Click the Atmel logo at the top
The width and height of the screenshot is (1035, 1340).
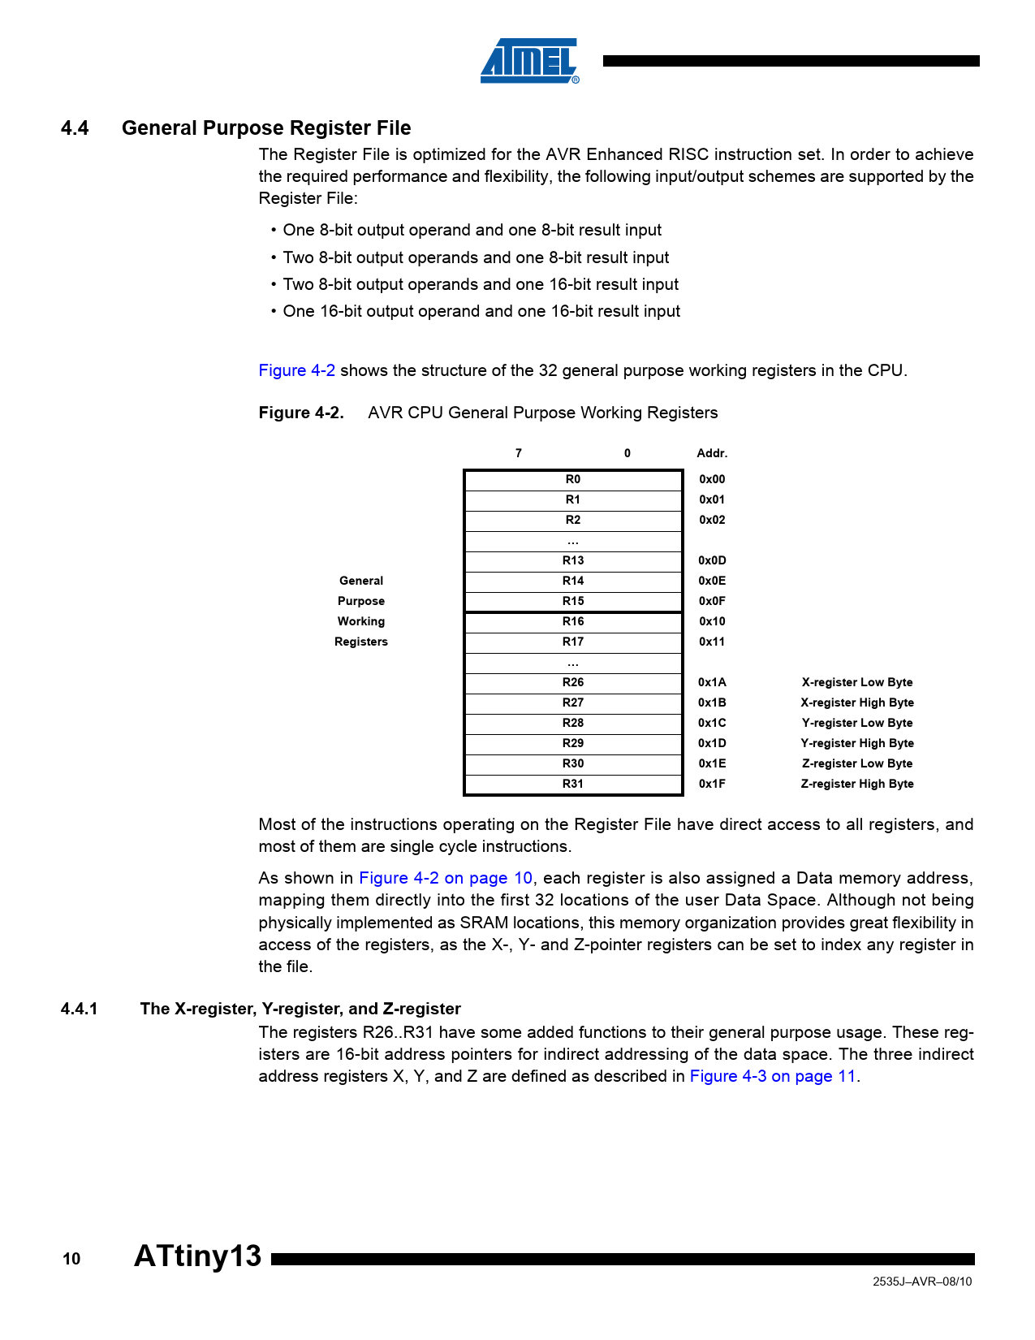coord(529,61)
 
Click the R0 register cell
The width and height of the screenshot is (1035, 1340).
coord(573,480)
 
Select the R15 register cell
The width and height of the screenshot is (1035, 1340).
coord(573,602)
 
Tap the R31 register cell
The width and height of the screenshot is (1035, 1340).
coord(573,785)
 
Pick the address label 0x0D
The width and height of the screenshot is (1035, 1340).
coord(712,561)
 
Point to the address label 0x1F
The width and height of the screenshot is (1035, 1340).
coord(712,785)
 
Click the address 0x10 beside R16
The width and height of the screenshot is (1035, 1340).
coord(712,622)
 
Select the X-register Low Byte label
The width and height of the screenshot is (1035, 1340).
coord(856,683)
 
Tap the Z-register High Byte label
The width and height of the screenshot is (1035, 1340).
coord(856,785)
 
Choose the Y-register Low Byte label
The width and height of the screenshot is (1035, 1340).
coord(856,724)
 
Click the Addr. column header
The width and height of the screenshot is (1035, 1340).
coord(712,454)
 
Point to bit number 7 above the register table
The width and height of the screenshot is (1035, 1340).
coord(519,454)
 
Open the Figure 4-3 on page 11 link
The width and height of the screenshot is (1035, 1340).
coord(772,1077)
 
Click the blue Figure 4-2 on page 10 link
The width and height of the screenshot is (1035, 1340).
coord(446,879)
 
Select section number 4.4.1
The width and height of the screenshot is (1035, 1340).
coord(79,1009)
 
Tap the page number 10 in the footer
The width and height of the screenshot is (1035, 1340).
coord(71,1260)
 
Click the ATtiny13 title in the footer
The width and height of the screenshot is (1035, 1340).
coord(197,1256)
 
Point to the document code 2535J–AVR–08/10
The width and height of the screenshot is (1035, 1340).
coord(921,1282)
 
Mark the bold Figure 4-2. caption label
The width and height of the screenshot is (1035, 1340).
coord(301,413)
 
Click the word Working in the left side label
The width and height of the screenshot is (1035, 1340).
coord(361,622)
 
